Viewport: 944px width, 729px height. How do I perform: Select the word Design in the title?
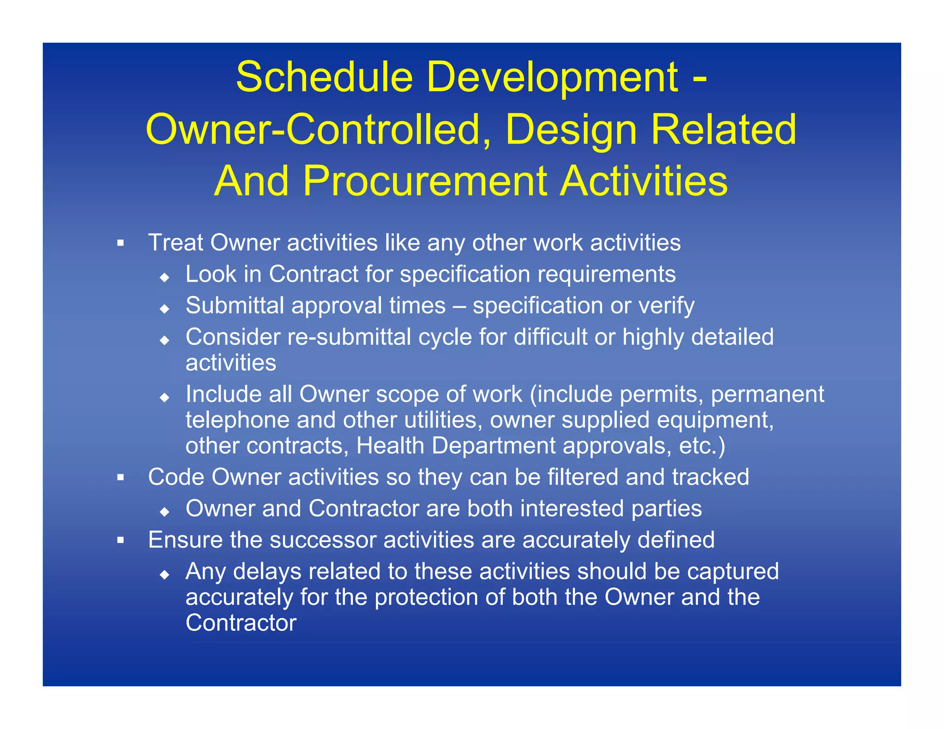point(571,130)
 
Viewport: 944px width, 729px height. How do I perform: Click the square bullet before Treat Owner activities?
point(121,243)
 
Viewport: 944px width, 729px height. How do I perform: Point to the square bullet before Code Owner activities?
point(121,477)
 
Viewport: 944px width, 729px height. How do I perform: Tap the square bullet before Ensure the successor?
point(121,540)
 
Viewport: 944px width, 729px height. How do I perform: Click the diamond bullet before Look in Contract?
point(165,277)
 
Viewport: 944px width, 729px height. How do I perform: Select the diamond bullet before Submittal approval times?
point(165,309)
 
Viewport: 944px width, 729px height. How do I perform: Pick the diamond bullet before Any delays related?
point(165,574)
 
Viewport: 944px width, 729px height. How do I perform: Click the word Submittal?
point(235,306)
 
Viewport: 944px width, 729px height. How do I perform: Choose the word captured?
point(733,572)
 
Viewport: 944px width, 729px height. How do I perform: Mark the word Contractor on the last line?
point(241,623)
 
